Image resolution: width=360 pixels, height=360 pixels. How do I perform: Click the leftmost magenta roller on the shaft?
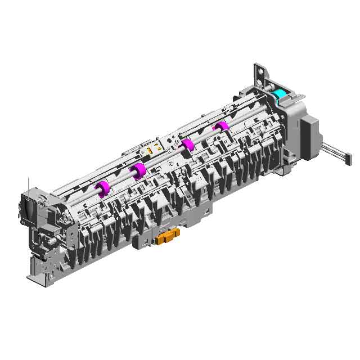point(102,188)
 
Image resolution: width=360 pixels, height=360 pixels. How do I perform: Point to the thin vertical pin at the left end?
point(28,186)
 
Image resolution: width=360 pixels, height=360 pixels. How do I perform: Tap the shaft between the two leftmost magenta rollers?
point(120,179)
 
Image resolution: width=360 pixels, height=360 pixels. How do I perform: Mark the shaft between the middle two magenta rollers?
point(163,157)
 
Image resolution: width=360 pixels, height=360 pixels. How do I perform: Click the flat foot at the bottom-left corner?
point(35,275)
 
